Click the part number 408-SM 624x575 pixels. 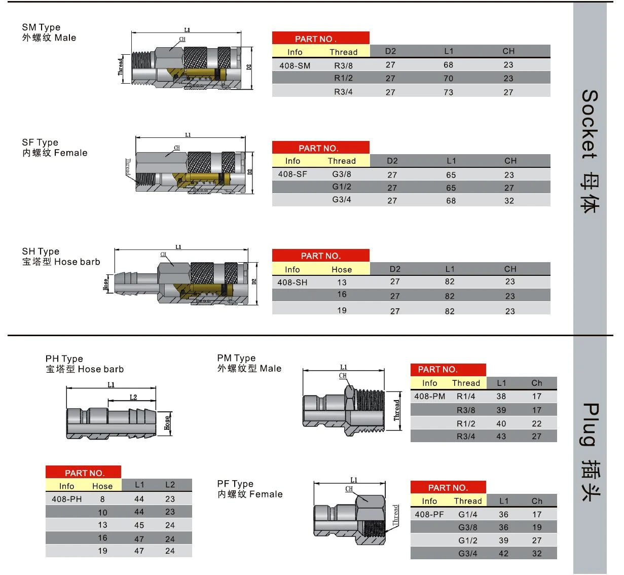pos(295,65)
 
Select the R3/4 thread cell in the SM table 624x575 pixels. pos(343,92)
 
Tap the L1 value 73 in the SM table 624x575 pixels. pos(448,92)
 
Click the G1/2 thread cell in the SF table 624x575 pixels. pos(342,187)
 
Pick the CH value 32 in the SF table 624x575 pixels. pos(509,201)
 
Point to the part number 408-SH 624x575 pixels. pos(292,282)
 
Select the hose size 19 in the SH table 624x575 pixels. pos(342,310)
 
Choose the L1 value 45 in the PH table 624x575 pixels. pos(139,525)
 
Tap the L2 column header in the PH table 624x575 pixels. pos(170,485)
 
